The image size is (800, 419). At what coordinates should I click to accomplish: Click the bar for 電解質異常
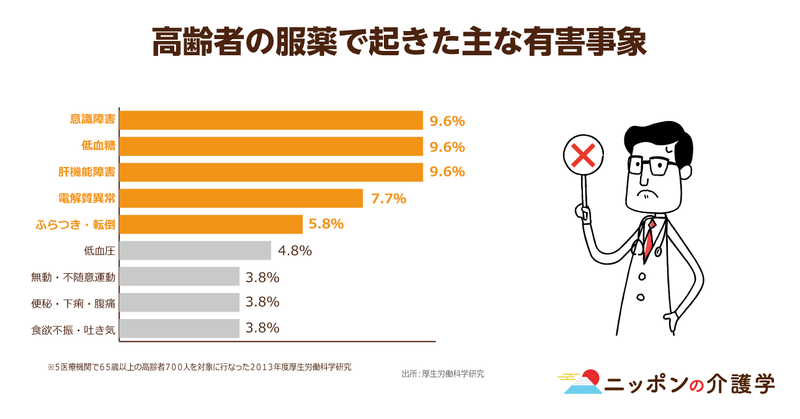pos(241,199)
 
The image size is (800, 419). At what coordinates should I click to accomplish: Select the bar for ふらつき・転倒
pos(211,224)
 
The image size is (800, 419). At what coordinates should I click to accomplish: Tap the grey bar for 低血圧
pos(195,251)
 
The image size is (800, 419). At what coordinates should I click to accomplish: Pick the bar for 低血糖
pos(270,146)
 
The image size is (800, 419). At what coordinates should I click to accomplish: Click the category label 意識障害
pos(92,120)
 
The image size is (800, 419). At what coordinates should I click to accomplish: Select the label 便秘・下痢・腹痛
pos(73,303)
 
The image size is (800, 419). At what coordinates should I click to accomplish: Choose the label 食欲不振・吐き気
pos(73,329)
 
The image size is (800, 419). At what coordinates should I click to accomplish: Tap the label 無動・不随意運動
pos(73,277)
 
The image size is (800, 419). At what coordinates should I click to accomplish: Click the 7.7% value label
pos(388,199)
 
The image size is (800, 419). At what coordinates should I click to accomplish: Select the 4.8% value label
pos(295,251)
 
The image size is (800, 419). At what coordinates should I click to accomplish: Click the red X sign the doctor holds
pos(584,155)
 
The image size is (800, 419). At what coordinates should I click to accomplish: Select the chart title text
pos(399,42)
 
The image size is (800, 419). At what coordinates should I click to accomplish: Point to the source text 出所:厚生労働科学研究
pos(443,374)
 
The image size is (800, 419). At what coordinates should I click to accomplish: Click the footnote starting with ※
pos(199,367)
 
